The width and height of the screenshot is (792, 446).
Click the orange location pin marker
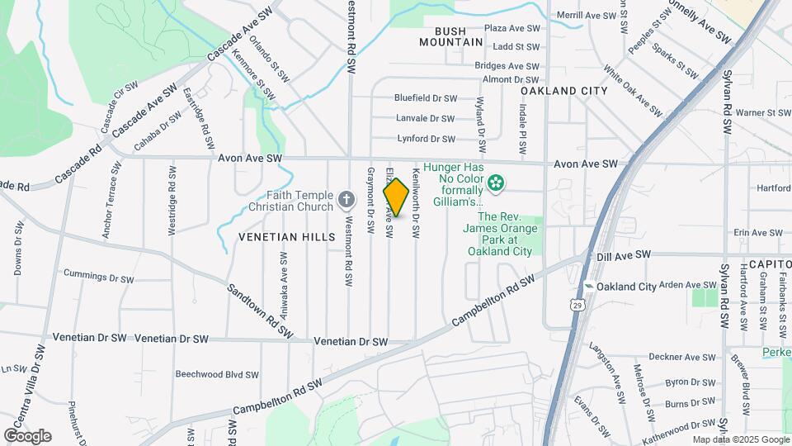point(397,197)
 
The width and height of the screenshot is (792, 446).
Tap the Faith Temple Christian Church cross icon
point(346,199)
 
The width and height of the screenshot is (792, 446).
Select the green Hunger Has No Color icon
point(496,183)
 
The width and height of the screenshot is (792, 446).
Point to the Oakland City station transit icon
point(588,287)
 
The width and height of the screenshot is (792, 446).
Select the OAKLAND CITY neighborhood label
point(563,91)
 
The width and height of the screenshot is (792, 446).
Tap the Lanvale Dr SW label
point(425,118)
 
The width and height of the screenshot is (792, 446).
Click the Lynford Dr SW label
point(426,139)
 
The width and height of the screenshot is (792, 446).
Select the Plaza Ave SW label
point(511,28)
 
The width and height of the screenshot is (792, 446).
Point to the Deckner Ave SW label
point(681,358)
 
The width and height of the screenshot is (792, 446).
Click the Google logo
point(27,435)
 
